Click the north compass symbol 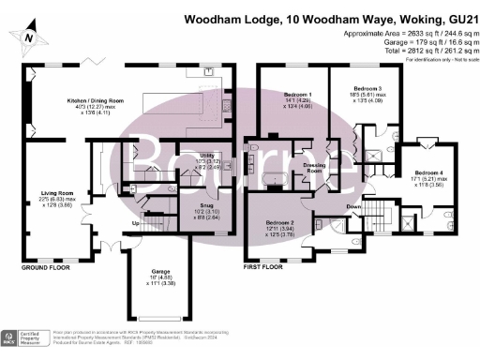(x=30, y=36)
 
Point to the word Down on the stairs (x=354, y=206)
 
